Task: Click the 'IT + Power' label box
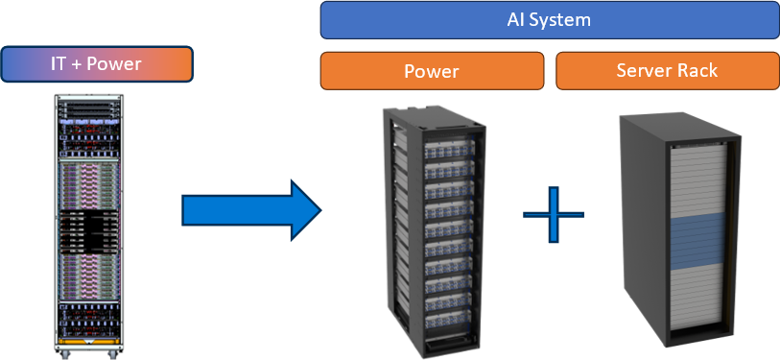click(97, 64)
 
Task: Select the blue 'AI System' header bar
click(549, 20)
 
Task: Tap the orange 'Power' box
click(432, 71)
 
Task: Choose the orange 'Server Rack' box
click(667, 71)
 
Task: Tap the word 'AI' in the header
click(518, 20)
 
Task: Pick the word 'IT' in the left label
click(59, 64)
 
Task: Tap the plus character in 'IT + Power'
click(78, 64)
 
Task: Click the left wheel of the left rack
click(65, 354)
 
